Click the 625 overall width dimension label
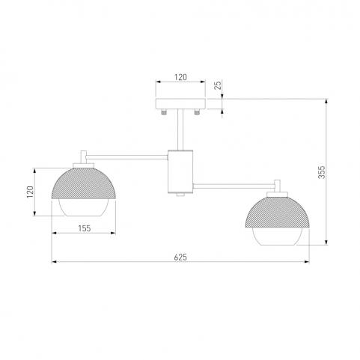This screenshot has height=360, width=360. tap(180, 257)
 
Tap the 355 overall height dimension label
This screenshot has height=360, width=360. tap(322, 172)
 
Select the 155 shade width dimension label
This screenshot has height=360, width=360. tap(85, 228)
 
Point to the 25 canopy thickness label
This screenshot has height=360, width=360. tap(218, 85)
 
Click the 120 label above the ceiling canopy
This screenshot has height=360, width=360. tap(180, 77)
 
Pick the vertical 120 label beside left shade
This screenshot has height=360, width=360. tap(30, 192)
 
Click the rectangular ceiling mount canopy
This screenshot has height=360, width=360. tap(180, 104)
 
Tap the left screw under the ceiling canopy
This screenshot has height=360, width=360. tap(164, 112)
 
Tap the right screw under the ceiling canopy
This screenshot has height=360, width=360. tap(197, 112)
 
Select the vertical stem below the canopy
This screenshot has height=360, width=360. tap(180, 129)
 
